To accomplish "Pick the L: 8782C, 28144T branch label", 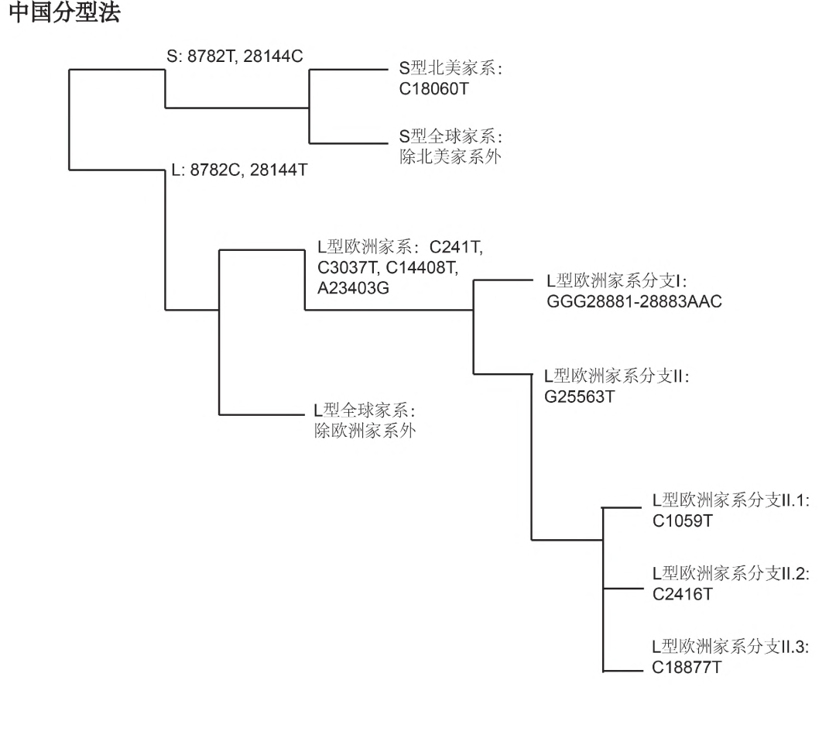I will pos(238,169).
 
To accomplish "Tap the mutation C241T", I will pos(456,248).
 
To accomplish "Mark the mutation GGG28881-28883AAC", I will pos(633,301).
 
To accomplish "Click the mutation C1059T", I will pos(682,520).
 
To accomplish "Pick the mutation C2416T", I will pos(682,593).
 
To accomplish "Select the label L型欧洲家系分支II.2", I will pos(730,574).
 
